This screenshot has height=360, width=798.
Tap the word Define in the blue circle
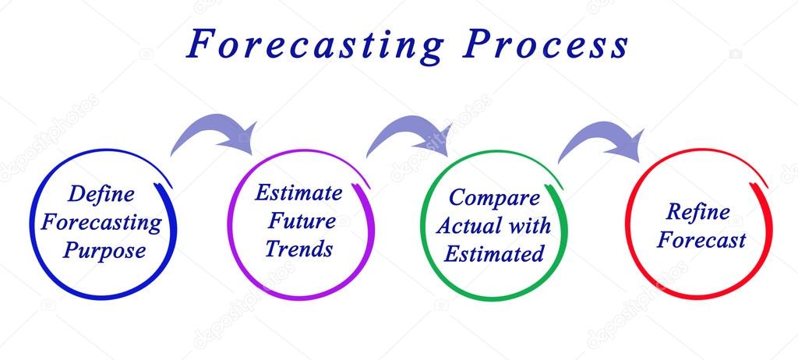101,193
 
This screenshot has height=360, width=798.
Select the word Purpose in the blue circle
104,251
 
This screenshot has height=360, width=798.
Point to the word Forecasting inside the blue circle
101,222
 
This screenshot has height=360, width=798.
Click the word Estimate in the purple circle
298,192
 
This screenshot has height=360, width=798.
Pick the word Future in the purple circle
302,221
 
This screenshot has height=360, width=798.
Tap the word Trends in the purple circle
298,249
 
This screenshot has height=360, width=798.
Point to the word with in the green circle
529,225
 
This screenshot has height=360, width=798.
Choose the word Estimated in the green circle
493,253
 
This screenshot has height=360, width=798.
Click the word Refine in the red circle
697,211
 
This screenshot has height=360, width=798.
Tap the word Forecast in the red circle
701,239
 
